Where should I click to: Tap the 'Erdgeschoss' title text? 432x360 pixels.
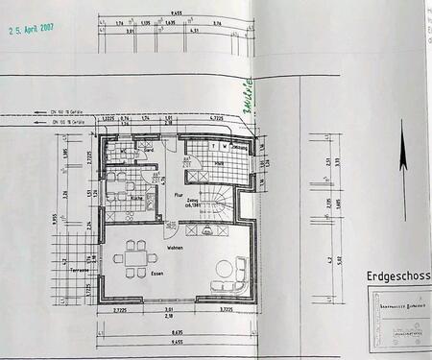point(397,275)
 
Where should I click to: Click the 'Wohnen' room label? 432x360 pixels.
point(175,248)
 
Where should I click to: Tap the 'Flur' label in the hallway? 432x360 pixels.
point(177,195)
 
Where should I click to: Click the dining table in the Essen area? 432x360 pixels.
point(132,257)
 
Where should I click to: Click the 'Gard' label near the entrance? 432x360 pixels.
point(150,151)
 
